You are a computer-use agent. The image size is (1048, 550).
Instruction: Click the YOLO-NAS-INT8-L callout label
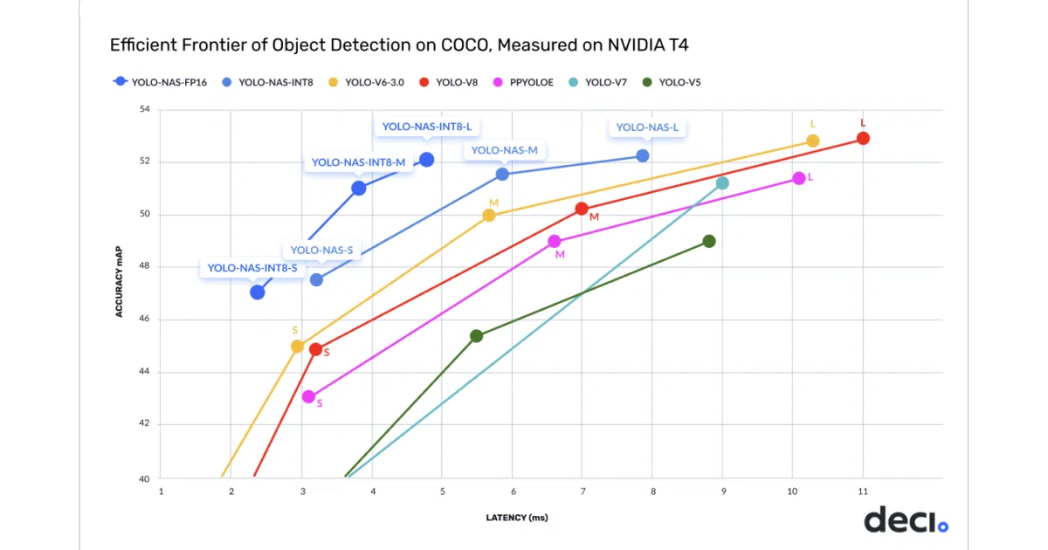427,127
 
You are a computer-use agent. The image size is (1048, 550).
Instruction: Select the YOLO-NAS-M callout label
504,150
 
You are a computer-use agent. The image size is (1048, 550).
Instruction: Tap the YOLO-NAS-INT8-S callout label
252,268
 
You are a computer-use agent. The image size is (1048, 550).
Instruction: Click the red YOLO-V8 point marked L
863,139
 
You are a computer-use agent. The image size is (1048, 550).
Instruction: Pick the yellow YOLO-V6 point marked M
489,215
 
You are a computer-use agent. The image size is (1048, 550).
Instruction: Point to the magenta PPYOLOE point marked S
308,396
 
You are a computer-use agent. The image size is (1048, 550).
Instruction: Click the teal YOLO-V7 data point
722,183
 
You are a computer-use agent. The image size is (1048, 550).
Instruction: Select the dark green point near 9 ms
709,241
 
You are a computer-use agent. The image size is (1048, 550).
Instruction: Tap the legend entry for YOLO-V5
672,82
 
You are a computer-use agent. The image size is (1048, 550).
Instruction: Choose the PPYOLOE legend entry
523,82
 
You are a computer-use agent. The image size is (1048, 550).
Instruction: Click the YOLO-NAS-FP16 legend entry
160,82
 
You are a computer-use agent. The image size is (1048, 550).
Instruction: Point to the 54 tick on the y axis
145,109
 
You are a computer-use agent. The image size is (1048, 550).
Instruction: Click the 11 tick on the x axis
863,492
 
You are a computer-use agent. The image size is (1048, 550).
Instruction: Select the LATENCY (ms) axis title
517,518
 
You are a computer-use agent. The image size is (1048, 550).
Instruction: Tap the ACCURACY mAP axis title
119,281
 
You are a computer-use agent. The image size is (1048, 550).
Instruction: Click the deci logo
907,519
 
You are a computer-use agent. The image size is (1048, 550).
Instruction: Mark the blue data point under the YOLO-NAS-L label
643,155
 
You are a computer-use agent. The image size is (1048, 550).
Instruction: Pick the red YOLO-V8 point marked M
582,209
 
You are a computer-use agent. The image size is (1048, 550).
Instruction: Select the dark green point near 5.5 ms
476,336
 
